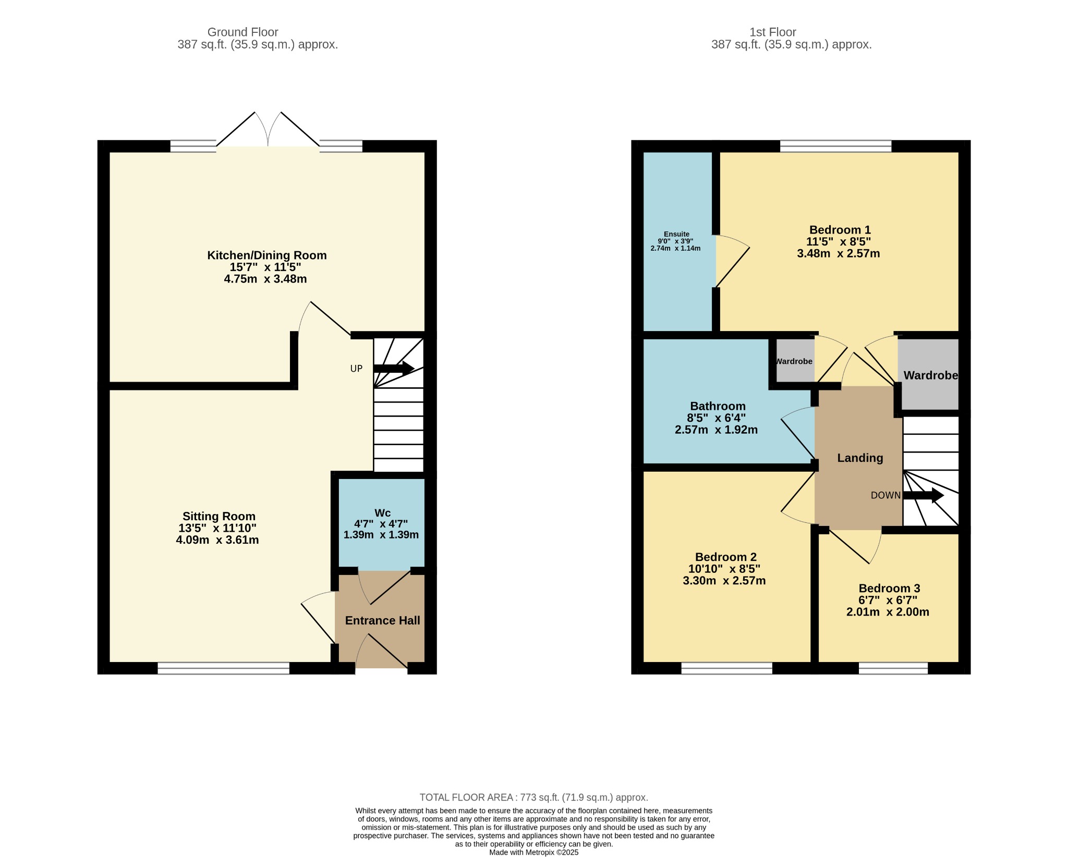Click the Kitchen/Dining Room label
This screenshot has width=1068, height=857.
tap(267, 255)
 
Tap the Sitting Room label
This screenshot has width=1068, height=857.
tap(219, 516)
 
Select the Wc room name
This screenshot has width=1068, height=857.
tap(382, 513)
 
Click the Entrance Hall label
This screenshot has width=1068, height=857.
tap(382, 620)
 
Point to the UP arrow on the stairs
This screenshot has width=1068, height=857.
tap(394, 368)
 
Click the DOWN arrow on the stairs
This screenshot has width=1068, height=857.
tap(923, 495)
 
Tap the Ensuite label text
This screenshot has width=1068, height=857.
tap(676, 235)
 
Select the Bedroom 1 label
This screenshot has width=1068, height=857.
tap(840, 230)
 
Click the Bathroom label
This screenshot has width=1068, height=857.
tap(718, 406)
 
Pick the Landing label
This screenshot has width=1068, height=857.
tap(860, 458)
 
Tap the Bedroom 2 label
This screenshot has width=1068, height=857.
tap(725, 557)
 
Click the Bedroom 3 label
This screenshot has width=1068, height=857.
tap(889, 588)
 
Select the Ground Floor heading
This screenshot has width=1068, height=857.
tap(243, 32)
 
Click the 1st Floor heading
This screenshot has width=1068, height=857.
tap(773, 32)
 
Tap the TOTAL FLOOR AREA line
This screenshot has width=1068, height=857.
tap(534, 798)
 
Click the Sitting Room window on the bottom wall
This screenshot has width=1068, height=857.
tap(223, 668)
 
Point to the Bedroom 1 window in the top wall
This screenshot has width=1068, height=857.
tap(835, 146)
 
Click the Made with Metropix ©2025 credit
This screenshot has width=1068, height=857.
tap(534, 852)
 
